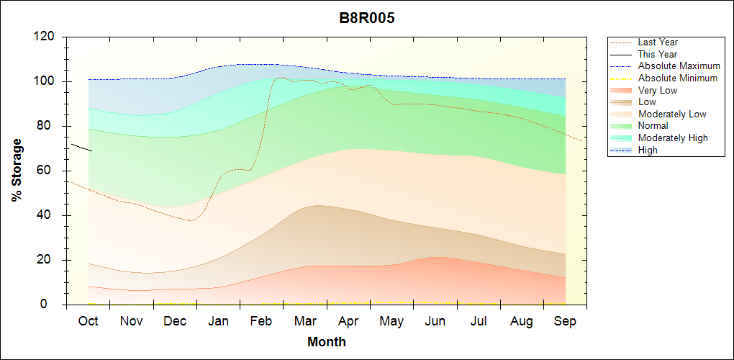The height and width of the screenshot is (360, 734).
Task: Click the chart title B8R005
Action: (367, 18)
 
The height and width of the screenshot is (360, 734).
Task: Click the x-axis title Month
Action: (327, 342)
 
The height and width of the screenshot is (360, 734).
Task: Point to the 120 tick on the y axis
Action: (45, 37)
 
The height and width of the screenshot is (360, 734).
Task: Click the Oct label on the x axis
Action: (88, 321)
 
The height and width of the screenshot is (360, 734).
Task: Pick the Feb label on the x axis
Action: (261, 321)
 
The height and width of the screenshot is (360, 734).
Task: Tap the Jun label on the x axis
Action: (435, 321)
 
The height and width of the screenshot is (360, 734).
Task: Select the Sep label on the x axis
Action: (565, 321)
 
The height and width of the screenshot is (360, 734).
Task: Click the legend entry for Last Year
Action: (658, 42)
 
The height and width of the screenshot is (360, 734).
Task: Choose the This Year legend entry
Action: (658, 54)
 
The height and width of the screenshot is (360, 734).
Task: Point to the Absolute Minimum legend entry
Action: (678, 78)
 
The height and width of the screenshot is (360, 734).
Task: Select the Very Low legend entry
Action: (658, 90)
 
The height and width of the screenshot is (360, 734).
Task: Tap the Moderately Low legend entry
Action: (672, 114)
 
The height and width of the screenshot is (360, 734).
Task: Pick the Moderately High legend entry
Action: (673, 138)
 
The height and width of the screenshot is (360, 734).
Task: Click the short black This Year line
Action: (81, 148)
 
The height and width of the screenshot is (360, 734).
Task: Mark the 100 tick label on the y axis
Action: (45, 81)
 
